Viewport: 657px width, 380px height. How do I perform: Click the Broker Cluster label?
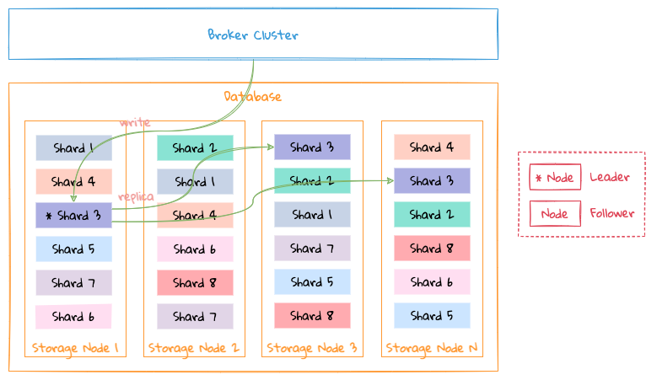click(x=253, y=35)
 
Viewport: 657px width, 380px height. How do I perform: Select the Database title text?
click(x=252, y=97)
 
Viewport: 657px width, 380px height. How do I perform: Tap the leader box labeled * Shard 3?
click(x=73, y=216)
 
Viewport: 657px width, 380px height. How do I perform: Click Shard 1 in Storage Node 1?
click(x=73, y=148)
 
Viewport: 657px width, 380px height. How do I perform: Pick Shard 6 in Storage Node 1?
click(x=73, y=317)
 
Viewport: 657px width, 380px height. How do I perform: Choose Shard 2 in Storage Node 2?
click(x=195, y=148)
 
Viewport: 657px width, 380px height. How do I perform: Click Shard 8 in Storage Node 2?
click(x=195, y=283)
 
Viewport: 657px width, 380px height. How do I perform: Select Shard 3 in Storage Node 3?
click(x=312, y=147)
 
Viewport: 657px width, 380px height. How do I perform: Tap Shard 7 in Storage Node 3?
click(x=312, y=249)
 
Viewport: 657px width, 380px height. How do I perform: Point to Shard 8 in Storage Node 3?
click(x=312, y=316)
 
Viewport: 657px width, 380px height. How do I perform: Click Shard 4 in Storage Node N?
click(x=432, y=147)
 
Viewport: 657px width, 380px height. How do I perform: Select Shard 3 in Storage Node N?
click(x=432, y=181)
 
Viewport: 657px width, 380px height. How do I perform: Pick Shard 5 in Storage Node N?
click(x=432, y=316)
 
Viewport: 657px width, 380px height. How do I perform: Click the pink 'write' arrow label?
click(x=134, y=123)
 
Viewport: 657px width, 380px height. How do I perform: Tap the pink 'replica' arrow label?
click(x=136, y=196)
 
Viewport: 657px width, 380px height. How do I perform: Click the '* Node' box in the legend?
click(x=555, y=178)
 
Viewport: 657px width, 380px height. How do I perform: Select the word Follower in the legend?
click(x=611, y=214)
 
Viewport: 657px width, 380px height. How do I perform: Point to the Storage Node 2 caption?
click(x=194, y=347)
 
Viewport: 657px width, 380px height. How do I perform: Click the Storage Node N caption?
click(x=432, y=347)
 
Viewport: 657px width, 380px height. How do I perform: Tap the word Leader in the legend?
click(x=609, y=178)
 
